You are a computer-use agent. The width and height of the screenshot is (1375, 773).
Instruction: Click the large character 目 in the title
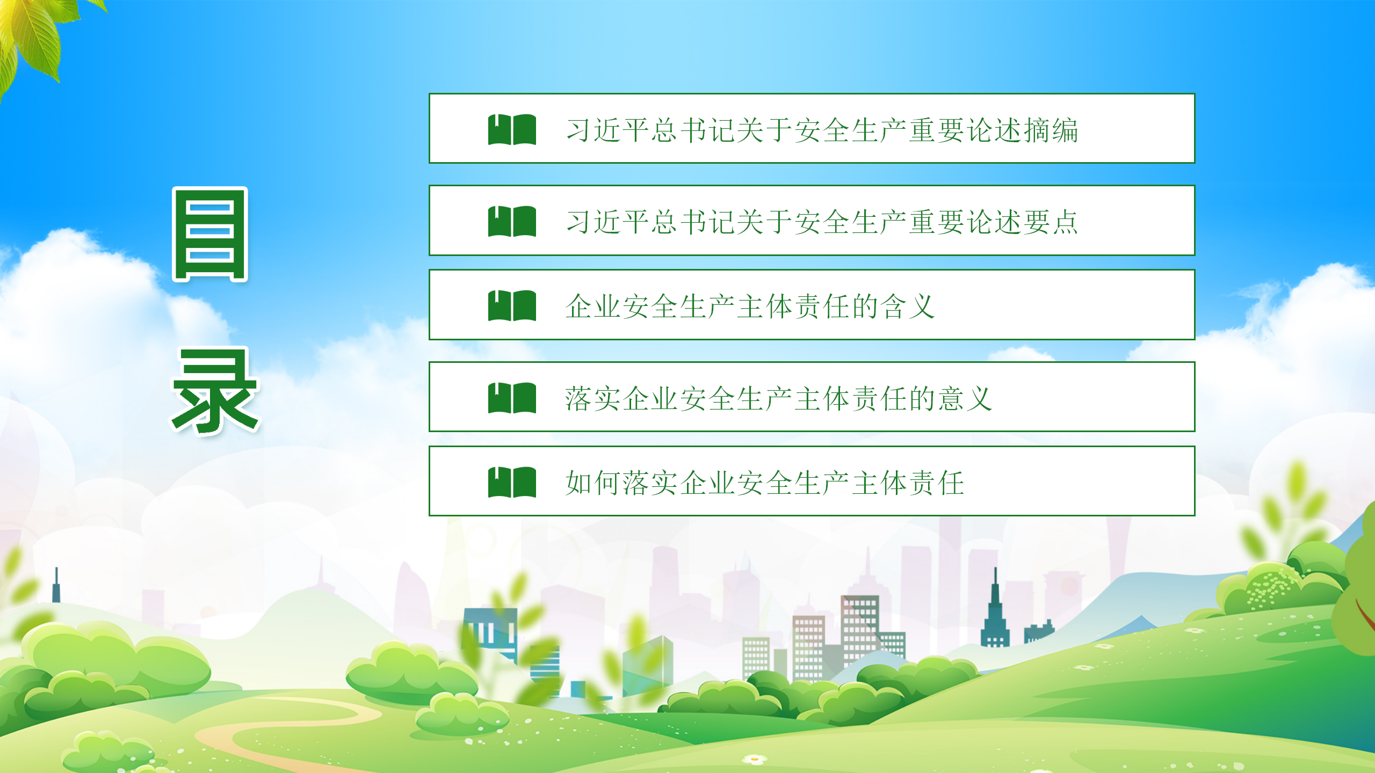(210, 234)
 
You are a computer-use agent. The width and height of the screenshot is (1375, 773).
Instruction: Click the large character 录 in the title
(215, 391)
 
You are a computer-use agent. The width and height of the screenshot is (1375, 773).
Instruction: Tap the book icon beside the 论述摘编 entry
(512, 129)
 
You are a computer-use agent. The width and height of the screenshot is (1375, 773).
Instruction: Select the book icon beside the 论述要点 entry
(512, 221)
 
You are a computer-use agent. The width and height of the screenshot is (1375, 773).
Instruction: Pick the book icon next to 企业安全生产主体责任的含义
(512, 305)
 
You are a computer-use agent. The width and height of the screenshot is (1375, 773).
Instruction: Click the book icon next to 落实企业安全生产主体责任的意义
(512, 398)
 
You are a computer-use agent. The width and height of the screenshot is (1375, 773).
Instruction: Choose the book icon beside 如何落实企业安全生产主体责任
(512, 482)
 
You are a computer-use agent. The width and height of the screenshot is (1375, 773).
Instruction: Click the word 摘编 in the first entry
(1051, 130)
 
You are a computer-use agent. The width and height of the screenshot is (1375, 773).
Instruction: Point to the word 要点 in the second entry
(1051, 222)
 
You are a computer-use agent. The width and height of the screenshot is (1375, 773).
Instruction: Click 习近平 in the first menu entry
(608, 130)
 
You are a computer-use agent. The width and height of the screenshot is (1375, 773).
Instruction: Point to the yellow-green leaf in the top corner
(32, 38)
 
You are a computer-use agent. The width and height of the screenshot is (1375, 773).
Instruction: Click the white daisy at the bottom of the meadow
(755, 759)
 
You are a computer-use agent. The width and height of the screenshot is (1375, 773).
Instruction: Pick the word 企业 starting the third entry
(593, 307)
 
